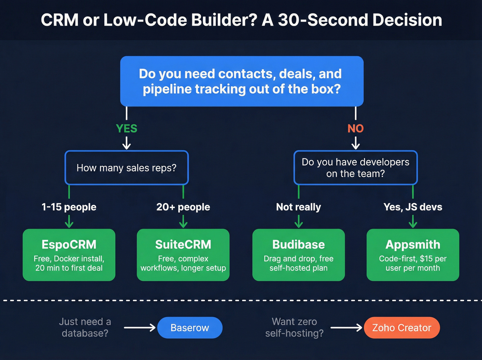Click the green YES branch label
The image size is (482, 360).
[126, 128]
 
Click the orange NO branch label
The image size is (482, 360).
[355, 128]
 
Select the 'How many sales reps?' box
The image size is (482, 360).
[126, 168]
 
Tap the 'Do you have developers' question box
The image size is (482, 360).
[355, 168]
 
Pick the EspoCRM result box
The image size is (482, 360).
[69, 255]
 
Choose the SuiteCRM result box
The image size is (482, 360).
[183, 255]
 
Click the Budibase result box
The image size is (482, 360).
[298, 255]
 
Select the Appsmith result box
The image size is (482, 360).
[413, 255]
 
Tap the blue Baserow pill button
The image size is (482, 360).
[190, 328]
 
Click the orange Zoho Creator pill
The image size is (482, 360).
[401, 328]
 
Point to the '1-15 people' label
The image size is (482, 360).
[69, 207]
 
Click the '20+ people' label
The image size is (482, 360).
[183, 207]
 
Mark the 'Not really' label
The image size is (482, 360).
[298, 207]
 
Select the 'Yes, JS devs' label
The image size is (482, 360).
[413, 207]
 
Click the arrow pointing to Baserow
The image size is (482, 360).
[140, 328]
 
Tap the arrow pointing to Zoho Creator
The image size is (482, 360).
[346, 328]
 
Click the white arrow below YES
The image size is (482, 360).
[126, 143]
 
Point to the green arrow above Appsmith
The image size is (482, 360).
[413, 221]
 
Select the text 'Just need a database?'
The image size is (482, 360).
[85, 327]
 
